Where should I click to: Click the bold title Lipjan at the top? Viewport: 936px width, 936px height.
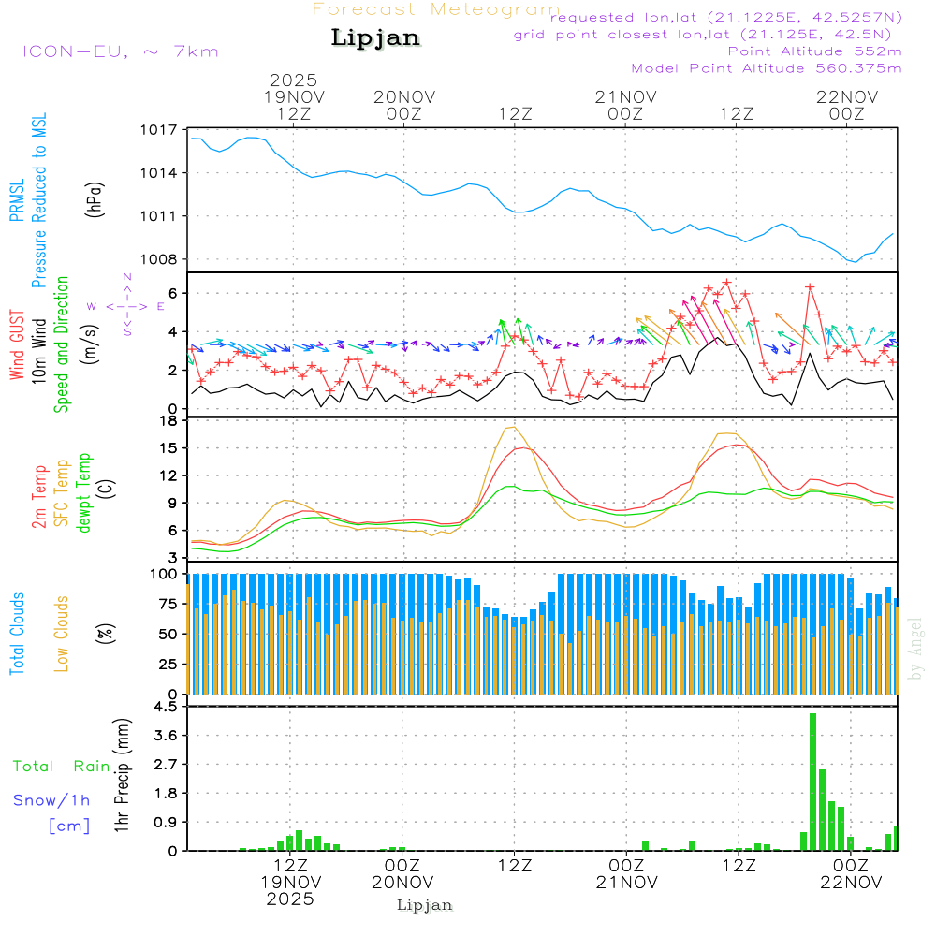click(375, 37)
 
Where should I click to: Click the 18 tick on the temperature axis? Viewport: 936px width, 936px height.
click(168, 421)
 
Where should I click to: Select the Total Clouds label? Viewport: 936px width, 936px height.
click(17, 634)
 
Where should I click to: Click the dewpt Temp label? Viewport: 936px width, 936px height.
click(84, 493)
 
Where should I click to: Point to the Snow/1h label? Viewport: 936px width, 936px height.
click(51, 800)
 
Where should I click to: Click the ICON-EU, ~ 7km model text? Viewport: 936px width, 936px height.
click(120, 51)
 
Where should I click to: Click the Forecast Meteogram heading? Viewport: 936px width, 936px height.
click(436, 9)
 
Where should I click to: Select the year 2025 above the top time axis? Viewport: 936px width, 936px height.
click(293, 80)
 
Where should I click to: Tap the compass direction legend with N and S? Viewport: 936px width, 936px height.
click(127, 305)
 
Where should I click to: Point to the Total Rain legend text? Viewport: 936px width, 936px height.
click(62, 766)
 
